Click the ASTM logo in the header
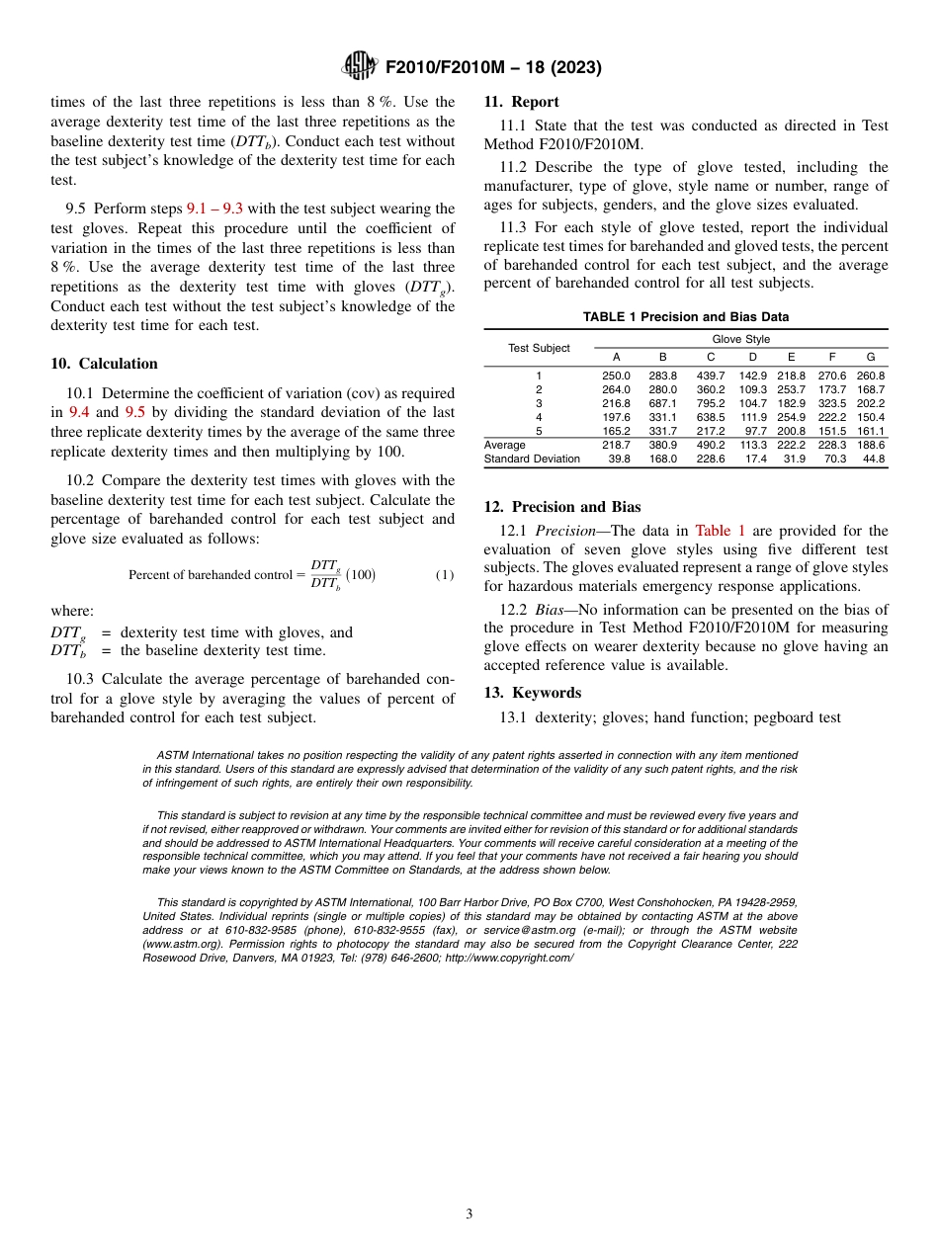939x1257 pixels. [x=360, y=66]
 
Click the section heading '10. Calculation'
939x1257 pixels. [x=104, y=364]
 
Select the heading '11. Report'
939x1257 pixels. [x=521, y=102]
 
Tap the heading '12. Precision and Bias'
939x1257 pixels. [x=561, y=507]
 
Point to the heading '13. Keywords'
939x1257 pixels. [x=532, y=693]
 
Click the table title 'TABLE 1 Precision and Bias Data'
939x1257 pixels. [x=686, y=317]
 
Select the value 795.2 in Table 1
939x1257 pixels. [x=710, y=403]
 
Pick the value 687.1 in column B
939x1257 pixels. [x=662, y=403]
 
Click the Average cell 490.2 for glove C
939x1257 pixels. [x=710, y=445]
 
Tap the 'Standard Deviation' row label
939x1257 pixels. [x=532, y=459]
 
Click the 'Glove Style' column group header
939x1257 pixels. [x=740, y=340]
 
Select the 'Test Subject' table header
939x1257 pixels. [x=539, y=348]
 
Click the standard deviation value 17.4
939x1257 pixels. [x=752, y=459]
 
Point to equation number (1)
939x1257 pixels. [x=445, y=575]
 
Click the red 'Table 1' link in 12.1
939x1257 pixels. [x=714, y=531]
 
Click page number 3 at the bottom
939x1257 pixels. [x=469, y=1215]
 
